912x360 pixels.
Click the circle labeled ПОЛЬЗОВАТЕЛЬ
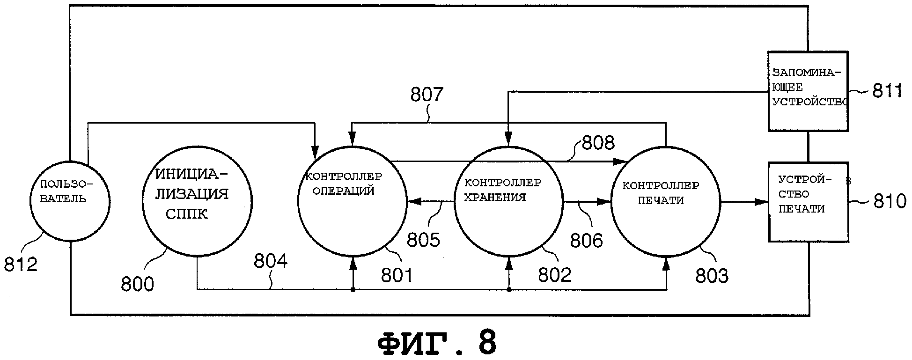(x=70, y=202)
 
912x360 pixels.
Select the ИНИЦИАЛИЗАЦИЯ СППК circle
(x=197, y=201)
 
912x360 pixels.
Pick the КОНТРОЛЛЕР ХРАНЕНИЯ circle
(x=509, y=201)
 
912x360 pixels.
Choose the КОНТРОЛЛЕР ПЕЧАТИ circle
(x=666, y=201)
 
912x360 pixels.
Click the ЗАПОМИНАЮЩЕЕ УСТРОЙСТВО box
(x=808, y=91)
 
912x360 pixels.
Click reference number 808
(x=598, y=143)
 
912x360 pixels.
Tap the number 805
(x=423, y=240)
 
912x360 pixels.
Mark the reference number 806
(x=586, y=240)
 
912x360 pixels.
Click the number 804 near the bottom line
(x=271, y=261)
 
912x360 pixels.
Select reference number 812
(x=21, y=265)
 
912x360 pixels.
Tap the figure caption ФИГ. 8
(x=436, y=344)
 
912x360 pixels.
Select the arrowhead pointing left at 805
(x=413, y=202)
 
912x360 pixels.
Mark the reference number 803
(x=712, y=276)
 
